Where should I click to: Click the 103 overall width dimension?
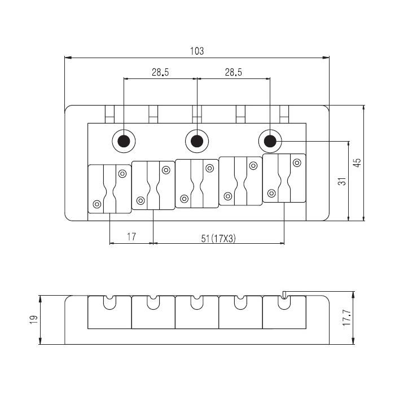click(196, 51)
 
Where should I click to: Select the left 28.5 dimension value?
click(161, 72)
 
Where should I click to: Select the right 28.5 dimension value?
click(234, 72)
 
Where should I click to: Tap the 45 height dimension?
click(357, 163)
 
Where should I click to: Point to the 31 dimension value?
click(341, 181)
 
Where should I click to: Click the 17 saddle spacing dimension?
click(131, 238)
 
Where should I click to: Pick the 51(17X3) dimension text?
click(218, 238)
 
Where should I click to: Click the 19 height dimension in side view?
click(33, 319)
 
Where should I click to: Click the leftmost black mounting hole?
click(123, 141)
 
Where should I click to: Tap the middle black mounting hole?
click(196, 141)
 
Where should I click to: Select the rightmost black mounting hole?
click(270, 141)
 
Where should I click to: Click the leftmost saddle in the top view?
click(109, 188)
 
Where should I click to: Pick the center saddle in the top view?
click(196, 183)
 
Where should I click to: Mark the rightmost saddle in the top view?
click(284, 178)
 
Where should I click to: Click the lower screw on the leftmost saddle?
click(97, 204)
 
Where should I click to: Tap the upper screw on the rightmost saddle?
click(296, 163)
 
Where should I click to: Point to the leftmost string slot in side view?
click(109, 302)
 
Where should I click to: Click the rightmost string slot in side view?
click(284, 301)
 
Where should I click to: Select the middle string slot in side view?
click(196, 302)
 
